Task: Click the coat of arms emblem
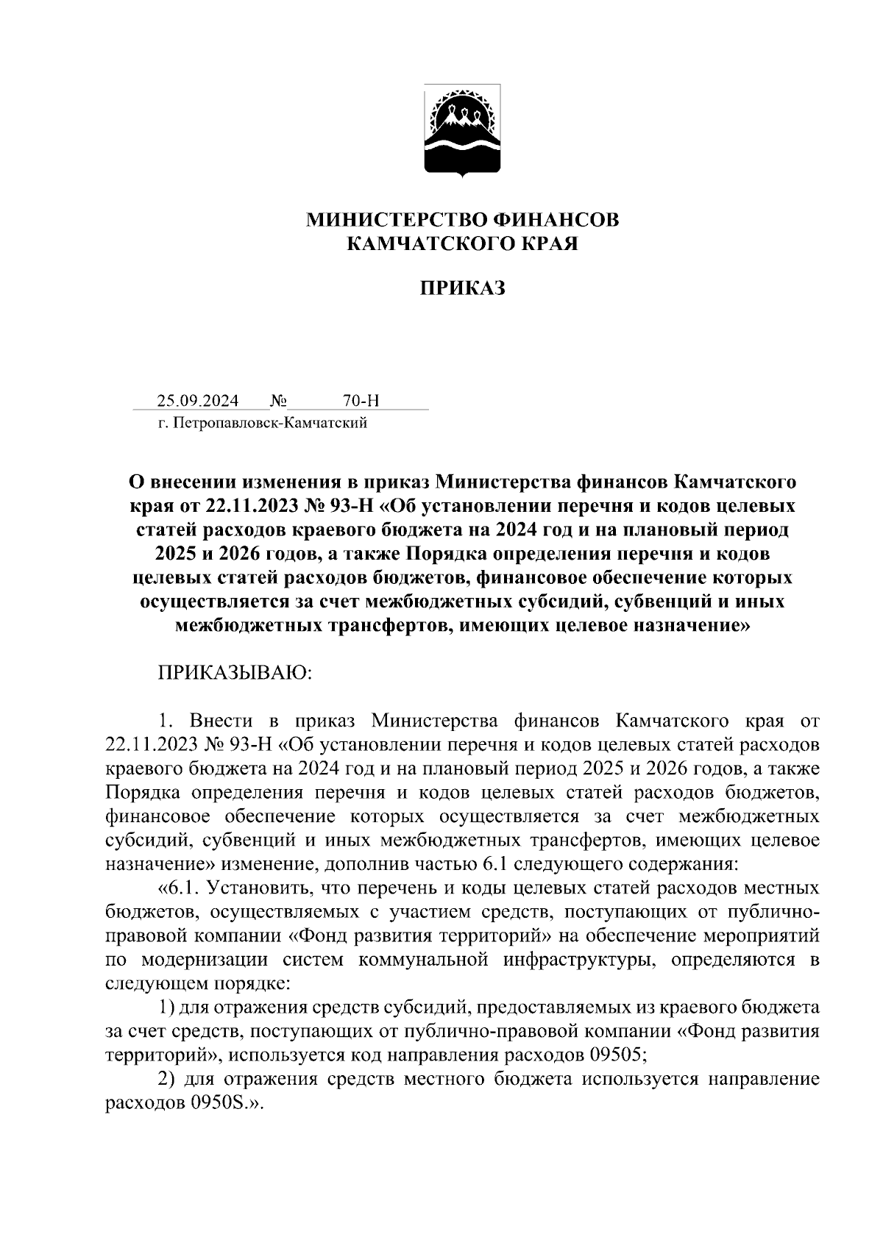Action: [462, 131]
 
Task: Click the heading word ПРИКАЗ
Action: [462, 288]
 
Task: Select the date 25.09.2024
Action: [197, 401]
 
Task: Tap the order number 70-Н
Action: [361, 401]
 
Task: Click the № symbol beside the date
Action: [278, 401]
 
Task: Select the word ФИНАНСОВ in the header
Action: [558, 219]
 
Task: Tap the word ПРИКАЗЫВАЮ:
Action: [235, 673]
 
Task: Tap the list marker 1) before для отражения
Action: [167, 1007]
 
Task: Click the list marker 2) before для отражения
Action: [167, 1080]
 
